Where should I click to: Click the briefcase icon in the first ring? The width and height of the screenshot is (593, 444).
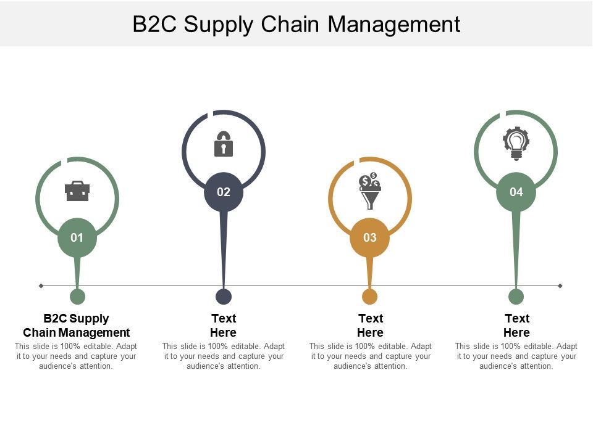pos(77,191)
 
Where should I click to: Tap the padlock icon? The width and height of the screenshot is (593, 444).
pos(224,144)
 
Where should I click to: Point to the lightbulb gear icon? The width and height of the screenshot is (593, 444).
pos(516,143)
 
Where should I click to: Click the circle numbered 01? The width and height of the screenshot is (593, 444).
pos(77,237)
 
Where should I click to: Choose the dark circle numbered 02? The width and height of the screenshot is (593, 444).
pos(224,192)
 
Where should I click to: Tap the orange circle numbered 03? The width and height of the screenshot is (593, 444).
pos(370,237)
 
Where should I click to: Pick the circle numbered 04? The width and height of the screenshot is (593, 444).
pos(516,192)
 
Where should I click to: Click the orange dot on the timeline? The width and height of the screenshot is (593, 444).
pos(370,297)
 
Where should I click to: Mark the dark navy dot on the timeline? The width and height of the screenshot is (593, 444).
pos(224,297)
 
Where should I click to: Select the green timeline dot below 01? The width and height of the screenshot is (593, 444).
pos(77,297)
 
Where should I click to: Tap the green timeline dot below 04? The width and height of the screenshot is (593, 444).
pos(516,297)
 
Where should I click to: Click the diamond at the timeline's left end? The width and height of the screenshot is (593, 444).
pos(41,286)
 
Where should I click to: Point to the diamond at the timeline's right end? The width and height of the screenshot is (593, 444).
pos(560,286)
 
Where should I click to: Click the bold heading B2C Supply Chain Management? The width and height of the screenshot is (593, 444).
pos(77,326)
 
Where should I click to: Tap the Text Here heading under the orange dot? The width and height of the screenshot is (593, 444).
pos(371,326)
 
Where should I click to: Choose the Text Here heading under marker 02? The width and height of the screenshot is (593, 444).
pos(224,326)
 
